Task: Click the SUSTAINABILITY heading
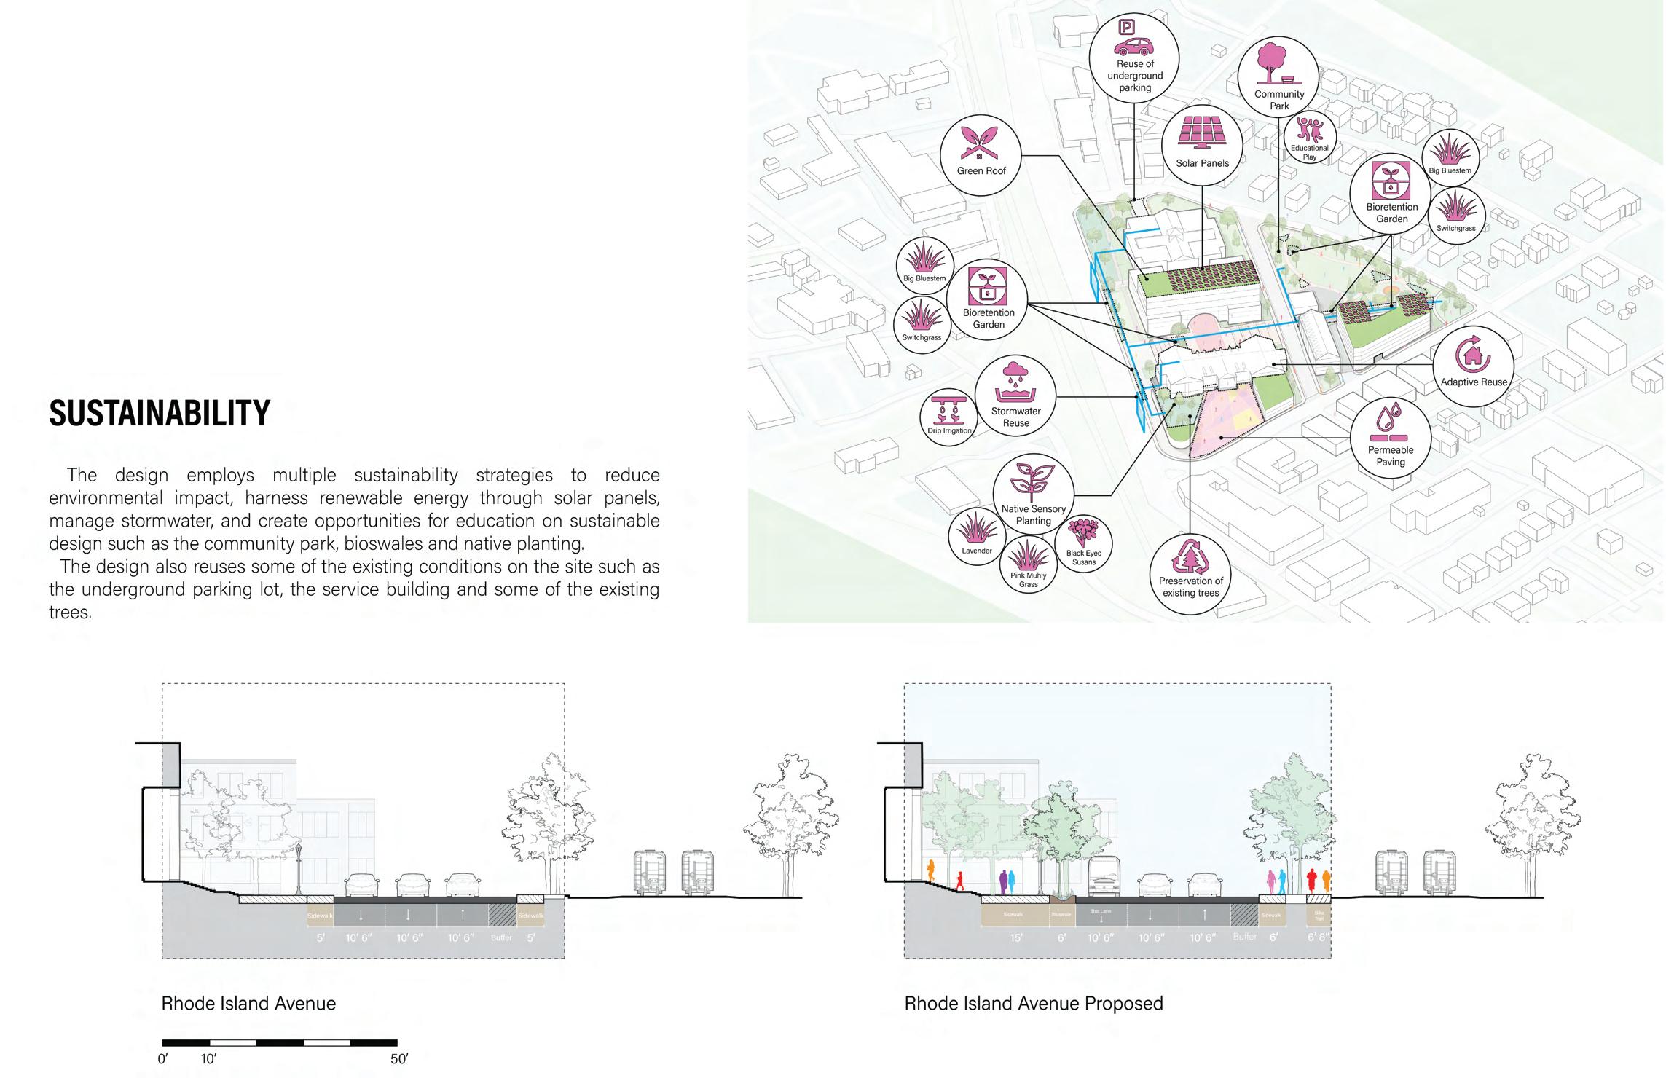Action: (160, 413)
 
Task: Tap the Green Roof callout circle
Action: (981, 154)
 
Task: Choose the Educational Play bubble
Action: (1310, 138)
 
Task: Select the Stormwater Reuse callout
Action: (1015, 397)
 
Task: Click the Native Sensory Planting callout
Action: (1033, 495)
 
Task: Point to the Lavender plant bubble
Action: (976, 535)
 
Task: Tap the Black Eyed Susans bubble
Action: (1083, 543)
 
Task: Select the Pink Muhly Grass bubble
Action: (1028, 564)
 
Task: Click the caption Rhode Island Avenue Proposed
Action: (1033, 1004)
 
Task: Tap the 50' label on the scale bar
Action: (399, 1059)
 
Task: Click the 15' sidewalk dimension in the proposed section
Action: (1015, 938)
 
